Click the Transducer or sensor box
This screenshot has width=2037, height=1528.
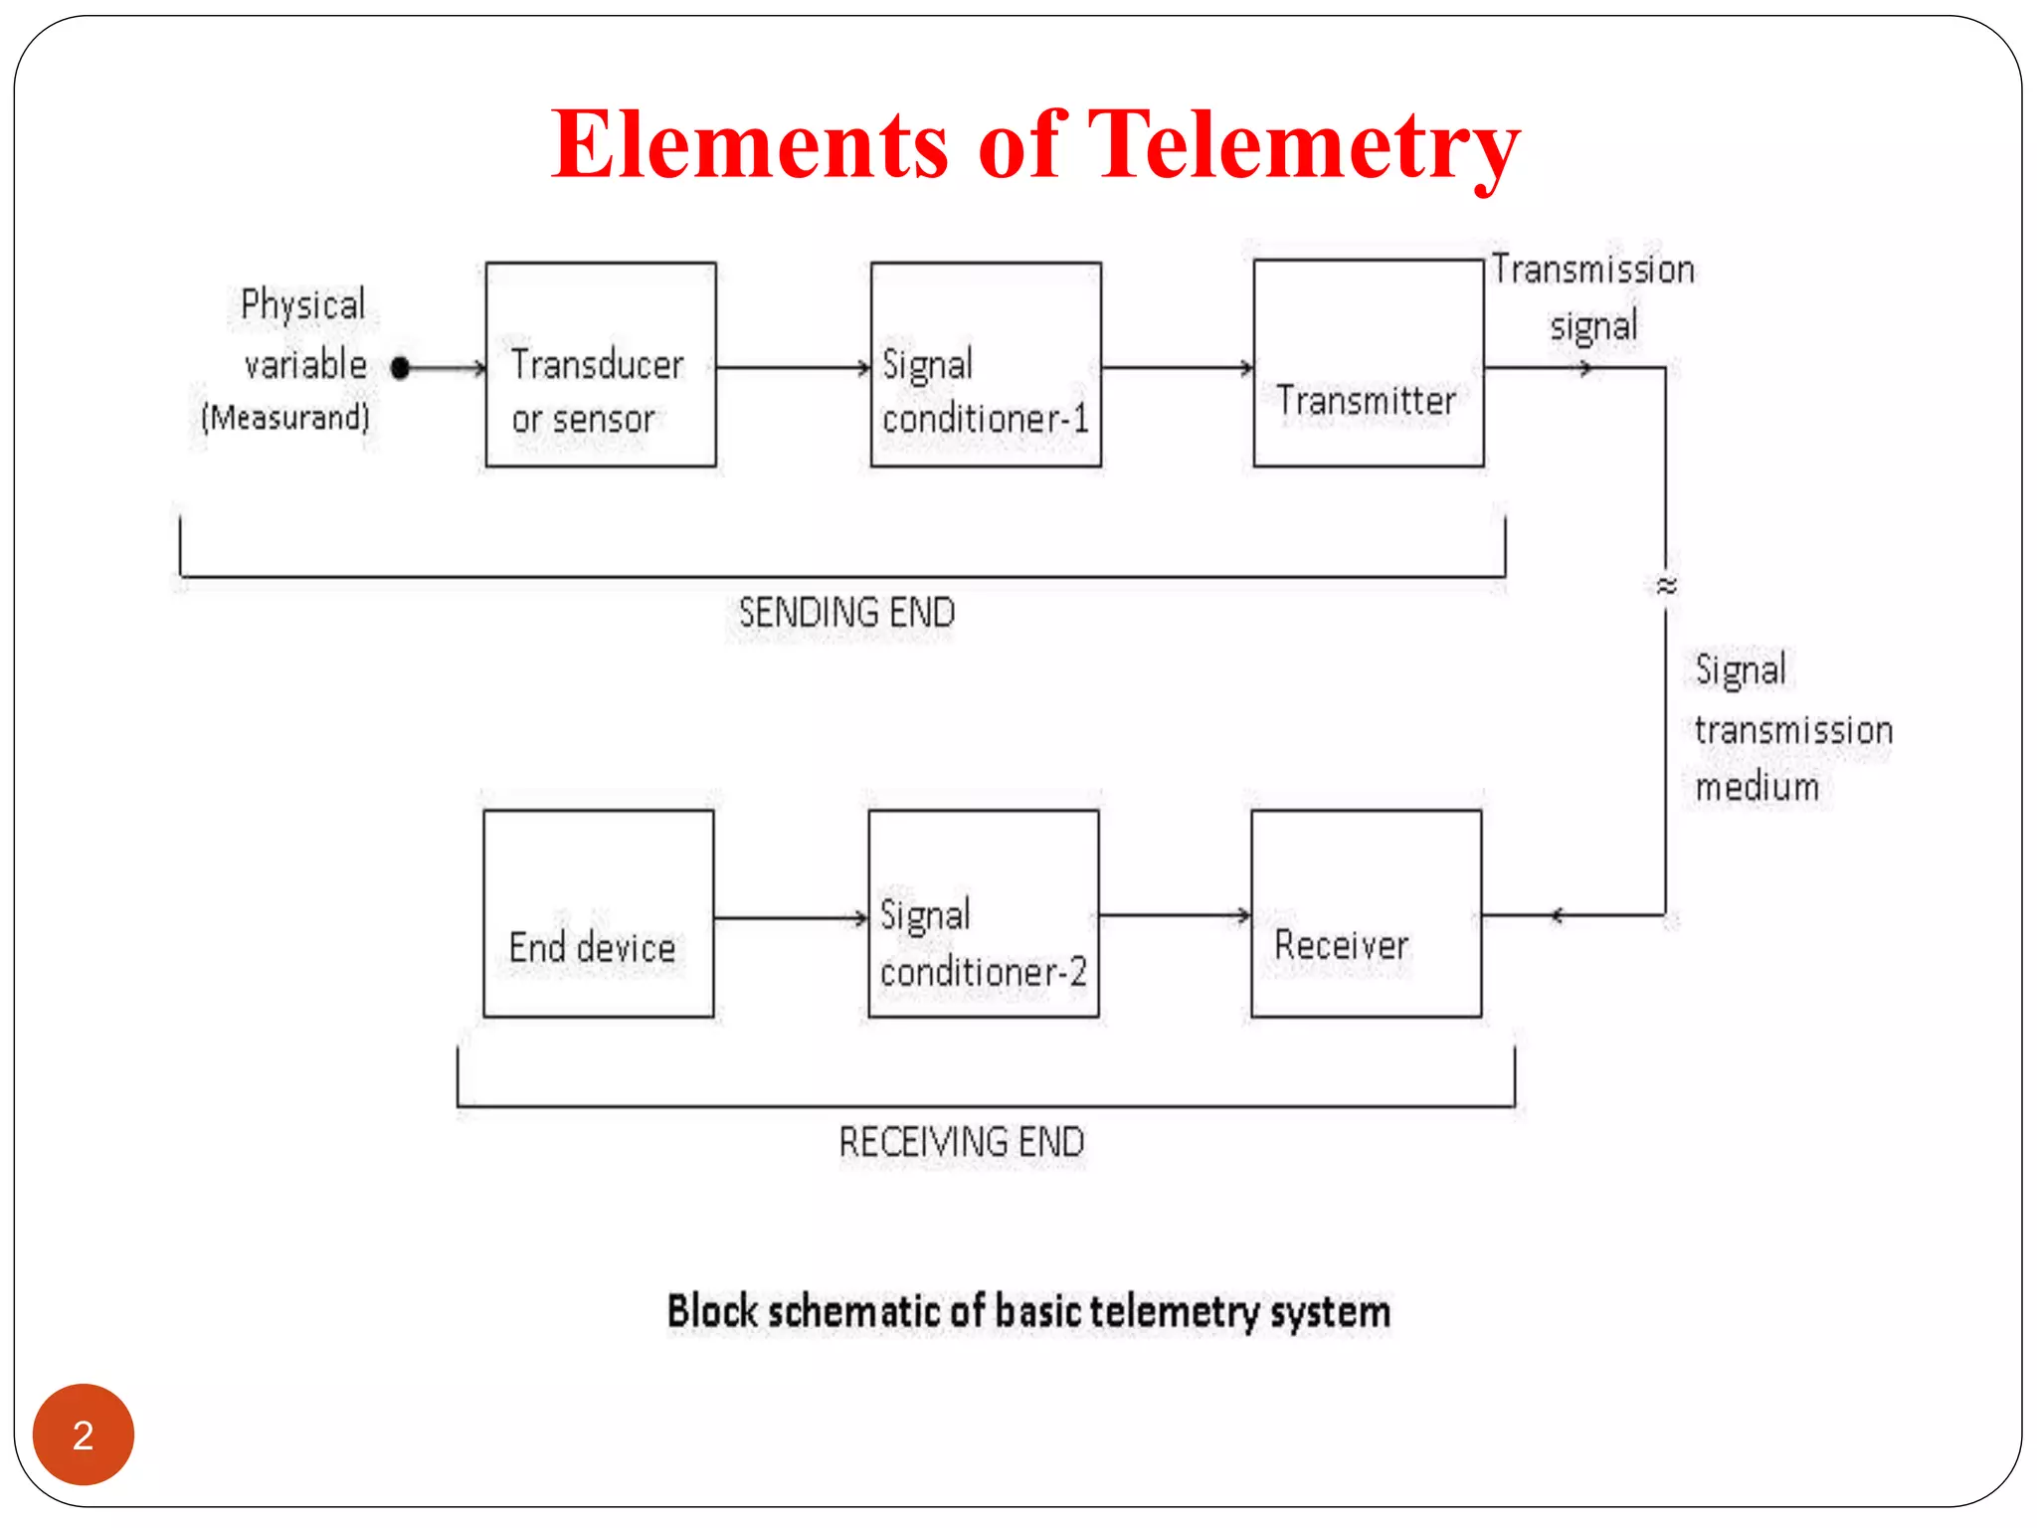point(601,364)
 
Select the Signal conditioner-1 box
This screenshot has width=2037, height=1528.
point(986,364)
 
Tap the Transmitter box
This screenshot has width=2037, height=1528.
point(1369,364)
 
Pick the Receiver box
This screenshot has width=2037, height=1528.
point(1366,913)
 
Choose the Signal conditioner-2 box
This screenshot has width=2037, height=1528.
point(984,913)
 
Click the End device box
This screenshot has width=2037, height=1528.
point(599,913)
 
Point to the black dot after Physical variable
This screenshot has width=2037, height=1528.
point(401,368)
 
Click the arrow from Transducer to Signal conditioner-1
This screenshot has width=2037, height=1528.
point(793,368)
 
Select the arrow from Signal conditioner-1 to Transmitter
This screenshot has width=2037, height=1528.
point(1177,368)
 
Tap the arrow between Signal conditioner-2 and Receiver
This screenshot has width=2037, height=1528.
point(1175,915)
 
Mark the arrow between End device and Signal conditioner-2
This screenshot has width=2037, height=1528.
point(791,917)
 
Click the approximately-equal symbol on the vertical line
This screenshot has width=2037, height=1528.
point(1667,585)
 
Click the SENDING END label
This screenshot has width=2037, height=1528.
point(846,613)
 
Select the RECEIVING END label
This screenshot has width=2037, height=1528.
point(961,1142)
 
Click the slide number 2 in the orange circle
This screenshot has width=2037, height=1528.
point(84,1434)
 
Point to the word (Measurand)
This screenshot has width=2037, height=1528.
point(285,417)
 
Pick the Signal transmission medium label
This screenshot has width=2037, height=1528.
point(1792,729)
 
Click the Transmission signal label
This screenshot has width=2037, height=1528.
point(1592,297)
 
